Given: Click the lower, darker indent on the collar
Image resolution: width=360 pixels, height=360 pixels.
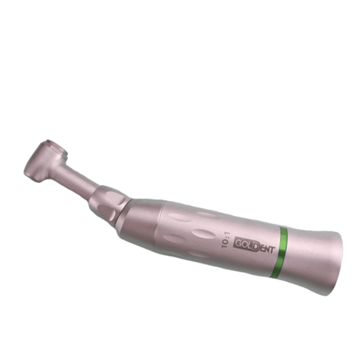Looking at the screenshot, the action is click(x=107, y=212).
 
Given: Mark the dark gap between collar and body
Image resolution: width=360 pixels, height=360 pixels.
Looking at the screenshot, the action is click(x=121, y=210).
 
